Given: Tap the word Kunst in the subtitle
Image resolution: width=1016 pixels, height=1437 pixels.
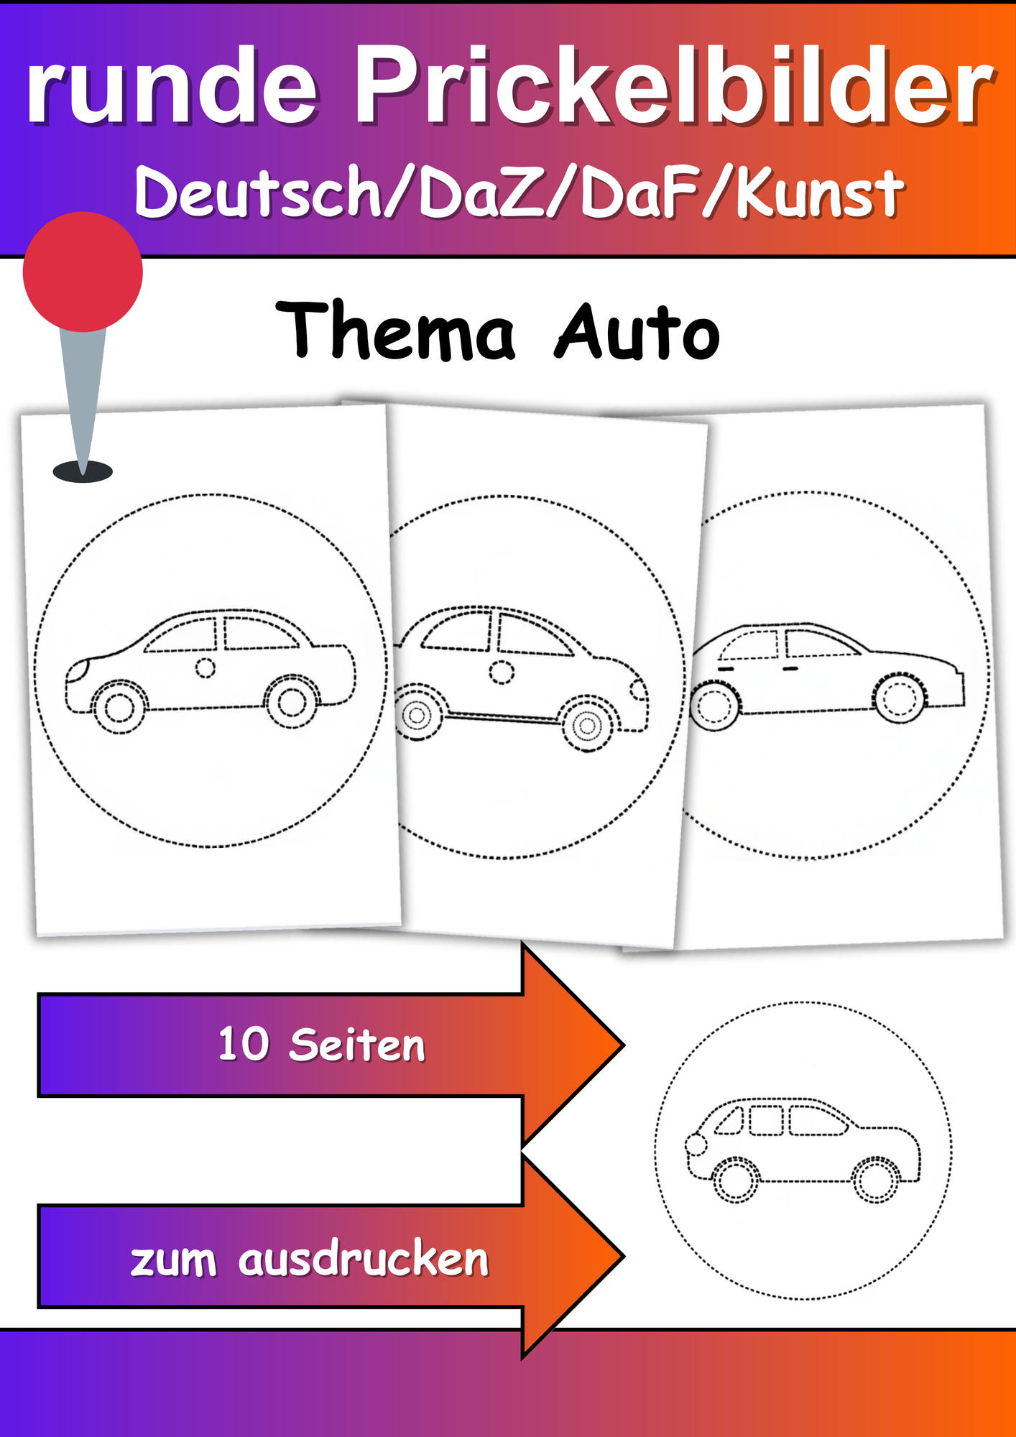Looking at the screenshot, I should point(819,193).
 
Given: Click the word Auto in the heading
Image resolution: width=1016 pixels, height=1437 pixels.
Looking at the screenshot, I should point(637,332).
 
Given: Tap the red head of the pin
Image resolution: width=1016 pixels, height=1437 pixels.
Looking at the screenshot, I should point(83,272).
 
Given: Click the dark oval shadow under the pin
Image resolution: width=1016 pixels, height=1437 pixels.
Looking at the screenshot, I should point(83,472).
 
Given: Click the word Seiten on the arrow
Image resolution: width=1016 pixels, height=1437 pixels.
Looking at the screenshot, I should point(356,1045).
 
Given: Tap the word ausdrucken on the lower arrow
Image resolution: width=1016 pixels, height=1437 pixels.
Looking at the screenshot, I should point(363,1260).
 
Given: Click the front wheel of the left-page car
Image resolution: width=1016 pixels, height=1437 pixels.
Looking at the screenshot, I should point(119,707).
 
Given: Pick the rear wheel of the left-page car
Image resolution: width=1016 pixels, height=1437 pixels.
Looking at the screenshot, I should point(292,701).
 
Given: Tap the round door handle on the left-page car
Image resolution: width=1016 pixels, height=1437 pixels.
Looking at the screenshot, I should point(205,668).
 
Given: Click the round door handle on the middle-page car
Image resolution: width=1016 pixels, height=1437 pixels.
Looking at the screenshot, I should point(502,673).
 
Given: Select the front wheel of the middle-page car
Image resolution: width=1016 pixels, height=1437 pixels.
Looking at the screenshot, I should point(588,726).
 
